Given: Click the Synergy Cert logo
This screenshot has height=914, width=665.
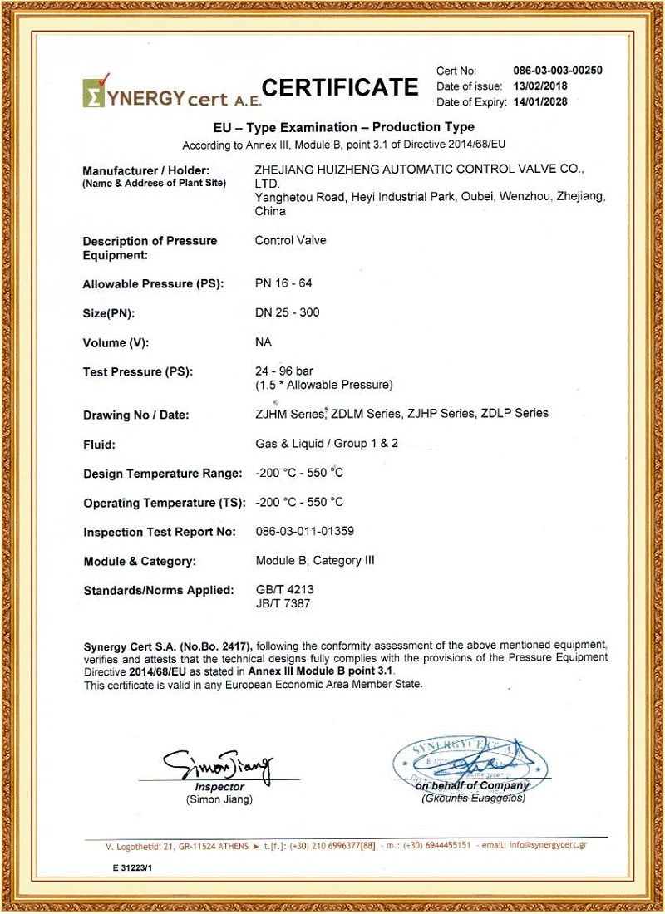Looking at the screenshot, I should pos(171,93).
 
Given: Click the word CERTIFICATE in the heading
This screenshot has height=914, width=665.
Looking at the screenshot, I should pos(340,87).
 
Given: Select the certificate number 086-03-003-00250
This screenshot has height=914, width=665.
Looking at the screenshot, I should pos(558,71).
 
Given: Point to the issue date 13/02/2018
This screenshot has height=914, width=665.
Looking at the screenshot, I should pos(542,86).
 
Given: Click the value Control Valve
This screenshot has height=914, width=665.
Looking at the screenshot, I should pos(290,241).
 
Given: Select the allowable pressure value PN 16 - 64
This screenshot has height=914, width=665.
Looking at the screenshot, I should pos(283,283).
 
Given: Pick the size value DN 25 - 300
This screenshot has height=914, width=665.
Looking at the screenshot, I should pos(287,312).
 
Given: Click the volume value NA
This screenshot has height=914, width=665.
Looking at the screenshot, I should pos(264,342).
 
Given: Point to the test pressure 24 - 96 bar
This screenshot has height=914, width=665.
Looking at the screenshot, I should pos(284,371).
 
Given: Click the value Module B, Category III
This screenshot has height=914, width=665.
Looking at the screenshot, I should pos(315,560).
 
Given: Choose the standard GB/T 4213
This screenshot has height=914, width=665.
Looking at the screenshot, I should pos(284,589).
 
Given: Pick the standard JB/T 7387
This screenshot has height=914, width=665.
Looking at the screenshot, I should pos(283,603).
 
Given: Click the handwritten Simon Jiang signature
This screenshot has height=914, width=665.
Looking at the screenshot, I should pos(218,763).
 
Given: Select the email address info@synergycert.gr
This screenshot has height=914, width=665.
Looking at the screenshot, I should pos(549,845).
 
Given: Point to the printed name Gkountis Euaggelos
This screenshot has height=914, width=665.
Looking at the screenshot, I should pos(473,799).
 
